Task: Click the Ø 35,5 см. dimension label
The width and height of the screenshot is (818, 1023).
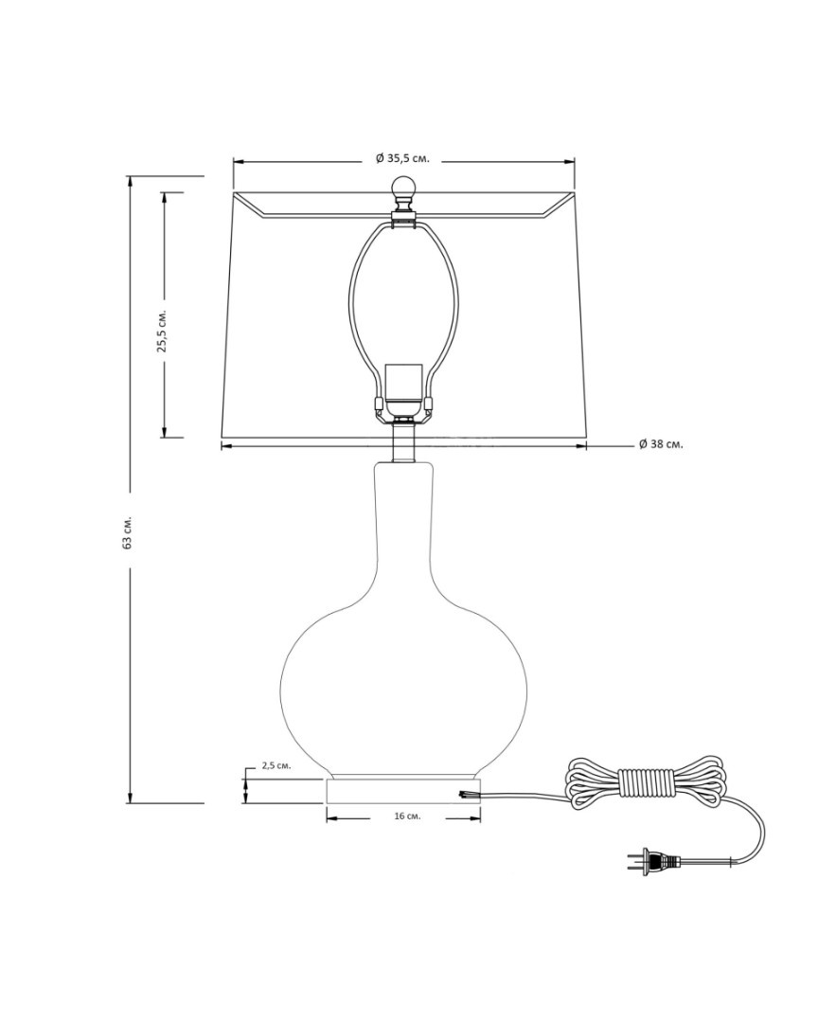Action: (x=403, y=158)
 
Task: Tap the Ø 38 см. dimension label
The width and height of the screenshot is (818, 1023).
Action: (x=662, y=444)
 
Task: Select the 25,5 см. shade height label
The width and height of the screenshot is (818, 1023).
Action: (x=163, y=331)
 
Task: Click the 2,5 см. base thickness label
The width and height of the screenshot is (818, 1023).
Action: (x=276, y=765)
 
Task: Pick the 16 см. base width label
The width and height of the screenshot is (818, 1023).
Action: (x=407, y=817)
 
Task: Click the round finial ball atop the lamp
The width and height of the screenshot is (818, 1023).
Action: (x=403, y=188)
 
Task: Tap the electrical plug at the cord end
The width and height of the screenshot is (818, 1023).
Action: (x=654, y=862)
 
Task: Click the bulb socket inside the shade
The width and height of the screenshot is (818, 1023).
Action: (x=403, y=391)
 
